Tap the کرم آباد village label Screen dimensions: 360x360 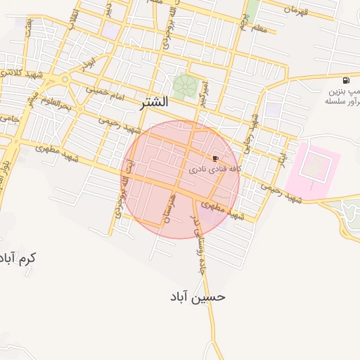click(18, 258)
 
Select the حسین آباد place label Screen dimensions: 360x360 click(198, 296)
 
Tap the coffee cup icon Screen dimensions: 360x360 click(215, 159)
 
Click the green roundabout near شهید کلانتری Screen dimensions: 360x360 click(65, 79)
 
